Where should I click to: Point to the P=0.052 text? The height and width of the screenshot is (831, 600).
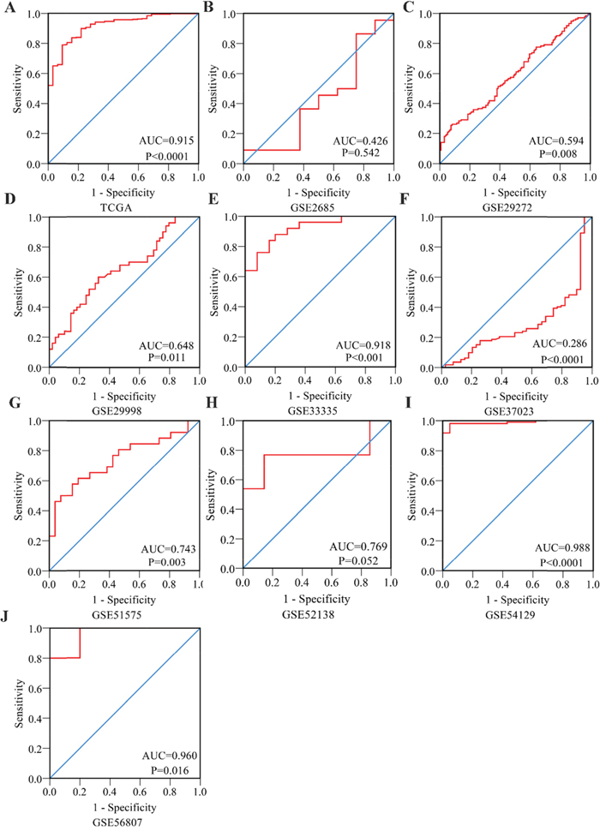pyautogui.click(x=363, y=559)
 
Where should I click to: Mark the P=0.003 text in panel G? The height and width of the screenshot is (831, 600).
pyautogui.click(x=168, y=561)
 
